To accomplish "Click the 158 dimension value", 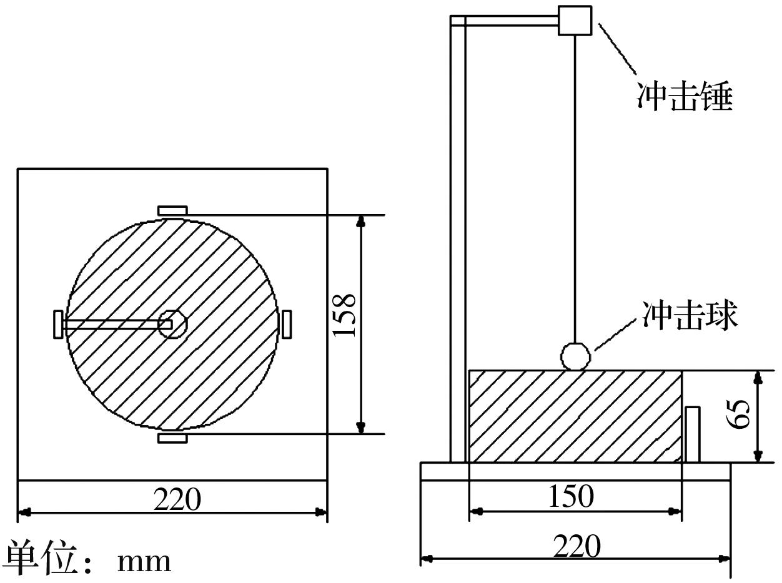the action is point(344,315).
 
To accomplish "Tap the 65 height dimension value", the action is point(738,414).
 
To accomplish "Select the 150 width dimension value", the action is point(571,496).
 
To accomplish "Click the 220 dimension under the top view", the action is point(177,499).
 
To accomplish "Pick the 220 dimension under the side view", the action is point(577,546).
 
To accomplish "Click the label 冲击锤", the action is point(684,96).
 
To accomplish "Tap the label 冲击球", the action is point(690,315).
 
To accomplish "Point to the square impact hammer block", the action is point(575,21).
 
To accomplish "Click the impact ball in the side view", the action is point(575,356).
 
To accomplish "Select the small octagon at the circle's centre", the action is point(172,324).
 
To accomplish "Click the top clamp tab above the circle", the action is point(172,211).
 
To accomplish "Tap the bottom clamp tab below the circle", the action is point(172,438).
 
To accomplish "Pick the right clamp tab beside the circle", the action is point(287,324).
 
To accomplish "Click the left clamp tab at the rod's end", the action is point(59,324).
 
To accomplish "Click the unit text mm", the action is point(144,562).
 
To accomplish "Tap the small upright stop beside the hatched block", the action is point(693,434).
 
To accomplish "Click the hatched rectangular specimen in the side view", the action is point(575,416).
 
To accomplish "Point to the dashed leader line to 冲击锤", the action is point(617,49).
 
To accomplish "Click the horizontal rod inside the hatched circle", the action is point(117,324).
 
